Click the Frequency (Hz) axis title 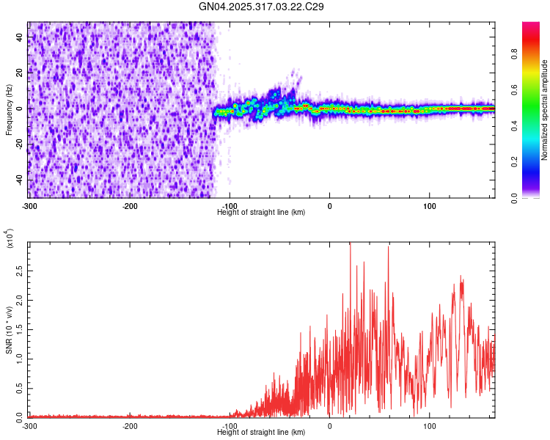pyautogui.click(x=9, y=109)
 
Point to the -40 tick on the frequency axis pyautogui.click(x=18, y=180)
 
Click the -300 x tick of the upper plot pyautogui.click(x=29, y=205)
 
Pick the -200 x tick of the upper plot pyautogui.click(x=130, y=205)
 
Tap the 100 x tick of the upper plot pyautogui.click(x=430, y=205)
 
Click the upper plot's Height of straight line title pyautogui.click(x=262, y=212)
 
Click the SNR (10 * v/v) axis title pyautogui.click(x=9, y=330)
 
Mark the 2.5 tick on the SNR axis pyautogui.click(x=20, y=271)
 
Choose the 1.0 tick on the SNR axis pyautogui.click(x=20, y=359)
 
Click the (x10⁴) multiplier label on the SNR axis pyautogui.click(x=9, y=239)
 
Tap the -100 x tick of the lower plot pyautogui.click(x=230, y=425)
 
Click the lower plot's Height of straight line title pyautogui.click(x=262, y=432)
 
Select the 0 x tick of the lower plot pyautogui.click(x=330, y=425)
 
